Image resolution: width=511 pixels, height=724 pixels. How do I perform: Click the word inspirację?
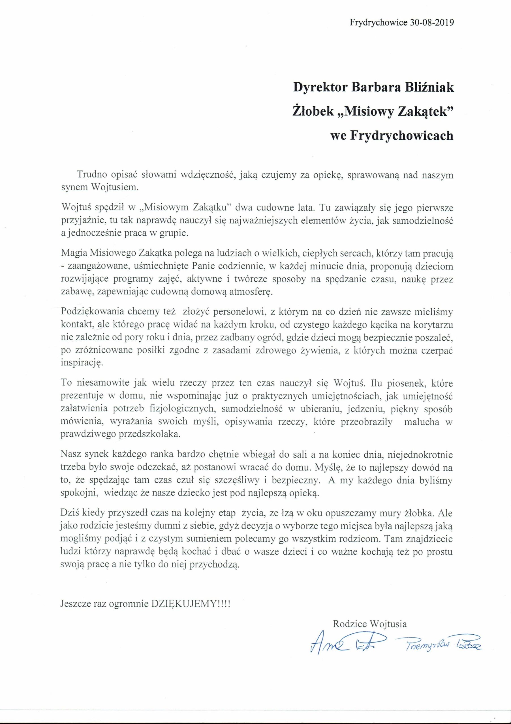pyautogui.click(x=82, y=362)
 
